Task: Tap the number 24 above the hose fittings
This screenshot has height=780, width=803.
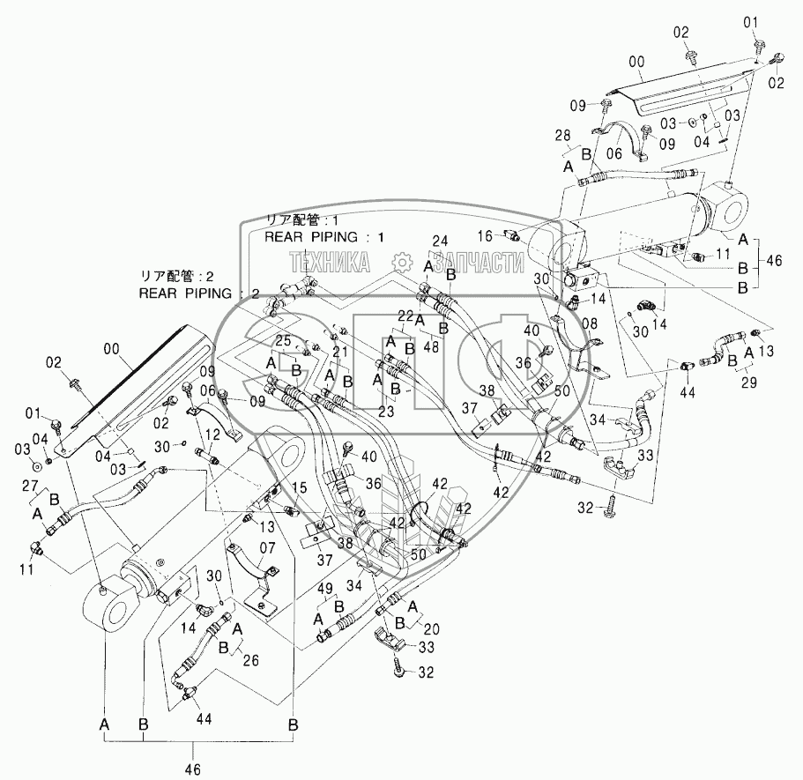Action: point(441,241)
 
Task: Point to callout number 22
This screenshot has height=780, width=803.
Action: point(405,315)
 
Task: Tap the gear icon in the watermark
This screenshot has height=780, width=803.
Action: point(401,261)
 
